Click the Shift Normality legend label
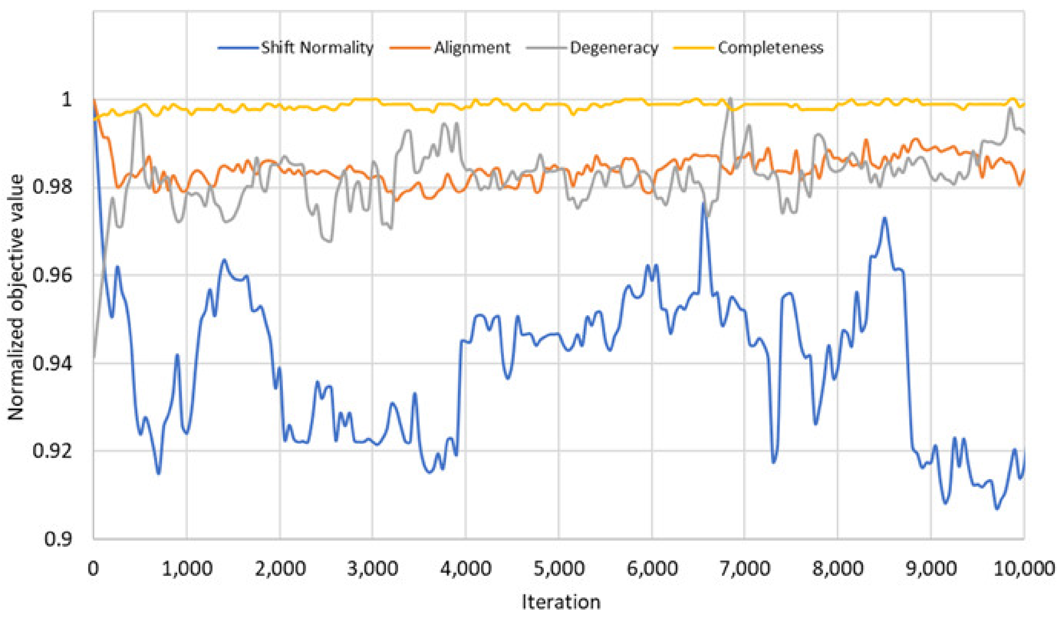pos(317,48)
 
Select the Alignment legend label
pos(472,48)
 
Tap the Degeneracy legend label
pos(614,48)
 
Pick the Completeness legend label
pos(770,48)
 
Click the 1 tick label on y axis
pos(67,100)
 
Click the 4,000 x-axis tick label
pos(466,569)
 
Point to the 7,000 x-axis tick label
pos(745,569)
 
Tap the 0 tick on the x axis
pos(93,569)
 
